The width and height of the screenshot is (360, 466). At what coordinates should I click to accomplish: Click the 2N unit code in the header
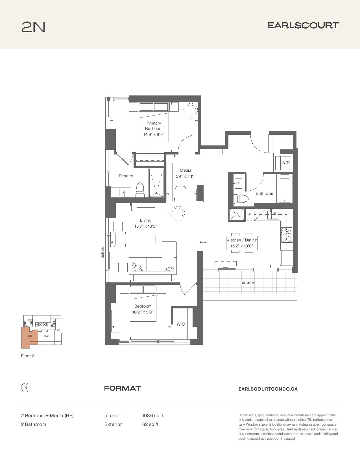(33, 27)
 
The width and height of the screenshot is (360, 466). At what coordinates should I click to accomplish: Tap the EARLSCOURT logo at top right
(303, 25)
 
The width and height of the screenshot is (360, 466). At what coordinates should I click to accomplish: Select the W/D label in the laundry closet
(285, 163)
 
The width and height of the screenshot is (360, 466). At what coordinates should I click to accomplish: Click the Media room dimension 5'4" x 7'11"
(185, 176)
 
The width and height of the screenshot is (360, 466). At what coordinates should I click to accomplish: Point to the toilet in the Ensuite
(140, 190)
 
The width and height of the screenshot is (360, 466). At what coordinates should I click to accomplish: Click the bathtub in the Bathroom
(285, 188)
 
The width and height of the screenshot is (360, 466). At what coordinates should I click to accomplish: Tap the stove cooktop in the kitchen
(287, 235)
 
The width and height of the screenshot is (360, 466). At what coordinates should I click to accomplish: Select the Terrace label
(246, 282)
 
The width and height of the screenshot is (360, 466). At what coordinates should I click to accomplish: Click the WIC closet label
(180, 324)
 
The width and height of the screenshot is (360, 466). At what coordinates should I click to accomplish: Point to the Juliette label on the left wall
(103, 252)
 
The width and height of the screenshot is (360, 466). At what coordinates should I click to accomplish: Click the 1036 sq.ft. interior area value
(153, 415)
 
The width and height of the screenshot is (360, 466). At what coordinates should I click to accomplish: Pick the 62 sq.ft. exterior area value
(151, 424)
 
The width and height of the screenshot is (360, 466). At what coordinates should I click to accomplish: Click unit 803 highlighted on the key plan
(30, 336)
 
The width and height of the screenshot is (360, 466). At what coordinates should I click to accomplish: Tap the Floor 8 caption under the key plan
(28, 356)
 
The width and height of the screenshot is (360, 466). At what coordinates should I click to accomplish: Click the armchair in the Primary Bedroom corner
(190, 111)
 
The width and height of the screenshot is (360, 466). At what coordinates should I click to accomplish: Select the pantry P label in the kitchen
(249, 214)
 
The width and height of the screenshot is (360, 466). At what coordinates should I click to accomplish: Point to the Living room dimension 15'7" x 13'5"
(146, 226)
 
